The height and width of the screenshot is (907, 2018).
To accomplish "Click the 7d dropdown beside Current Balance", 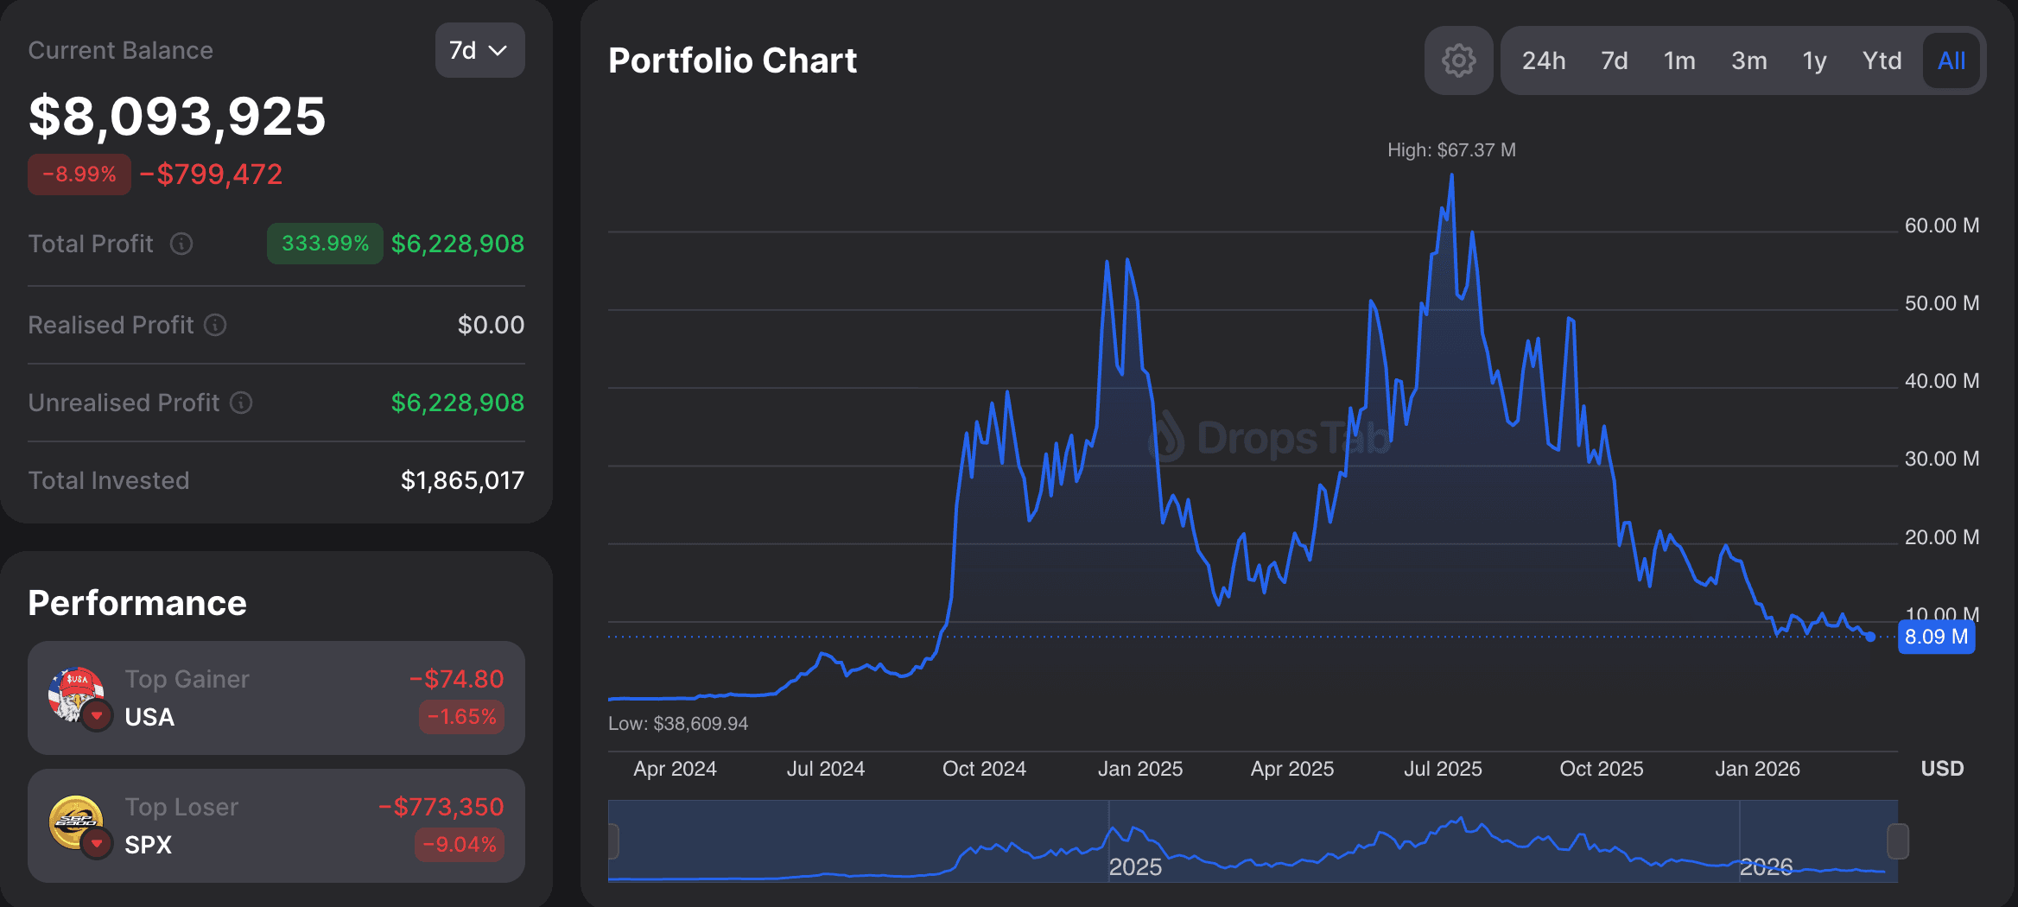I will tap(479, 50).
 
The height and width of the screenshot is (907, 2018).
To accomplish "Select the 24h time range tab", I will tap(1543, 60).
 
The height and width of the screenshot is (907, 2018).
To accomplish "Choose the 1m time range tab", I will tap(1679, 60).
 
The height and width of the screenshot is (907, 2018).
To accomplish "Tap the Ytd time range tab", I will tap(1882, 60).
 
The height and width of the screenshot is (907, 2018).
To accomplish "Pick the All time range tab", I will tap(1951, 60).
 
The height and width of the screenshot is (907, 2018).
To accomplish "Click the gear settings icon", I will tap(1458, 60).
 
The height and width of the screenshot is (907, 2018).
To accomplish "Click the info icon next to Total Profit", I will tap(181, 244).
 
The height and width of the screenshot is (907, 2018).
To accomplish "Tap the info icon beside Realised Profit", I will tap(215, 325).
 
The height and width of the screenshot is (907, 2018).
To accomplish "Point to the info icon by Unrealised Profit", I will tap(241, 403).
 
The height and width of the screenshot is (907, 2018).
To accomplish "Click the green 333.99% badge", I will tap(325, 244).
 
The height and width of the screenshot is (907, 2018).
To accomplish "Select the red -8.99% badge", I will tap(79, 174).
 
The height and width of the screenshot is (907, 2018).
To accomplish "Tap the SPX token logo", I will tap(76, 822).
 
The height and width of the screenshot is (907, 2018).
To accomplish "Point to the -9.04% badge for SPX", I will tap(460, 844).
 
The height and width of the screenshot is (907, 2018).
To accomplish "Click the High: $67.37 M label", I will tap(1451, 150).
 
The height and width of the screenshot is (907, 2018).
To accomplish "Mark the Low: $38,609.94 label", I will tap(678, 724).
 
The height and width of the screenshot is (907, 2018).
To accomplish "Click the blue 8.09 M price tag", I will tap(1936, 637).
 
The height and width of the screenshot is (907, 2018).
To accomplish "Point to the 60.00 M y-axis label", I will tap(1941, 225).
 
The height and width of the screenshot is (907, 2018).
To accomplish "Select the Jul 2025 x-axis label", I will tap(1443, 769).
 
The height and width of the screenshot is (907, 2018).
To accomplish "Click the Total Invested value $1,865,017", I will tap(462, 480).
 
